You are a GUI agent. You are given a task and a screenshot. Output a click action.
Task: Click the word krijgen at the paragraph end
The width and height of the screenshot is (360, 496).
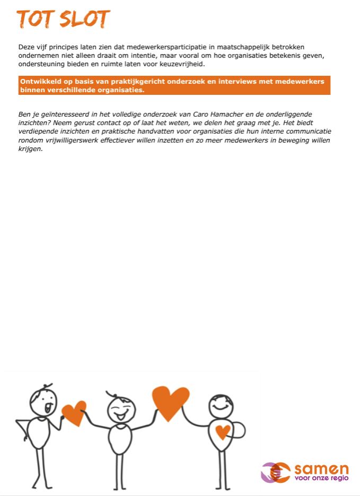pos(30,149)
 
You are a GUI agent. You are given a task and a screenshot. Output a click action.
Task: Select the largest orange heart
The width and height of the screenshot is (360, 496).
pos(170,403)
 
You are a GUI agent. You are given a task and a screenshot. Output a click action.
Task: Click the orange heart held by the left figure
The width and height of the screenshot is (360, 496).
pos(74,412)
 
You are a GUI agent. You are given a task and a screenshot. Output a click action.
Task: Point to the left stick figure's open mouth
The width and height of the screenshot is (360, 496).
pos(49,409)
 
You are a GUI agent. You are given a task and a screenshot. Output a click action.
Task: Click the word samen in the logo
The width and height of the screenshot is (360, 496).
pos(321,470)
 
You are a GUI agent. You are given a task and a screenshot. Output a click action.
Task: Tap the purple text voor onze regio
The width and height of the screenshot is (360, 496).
pos(321,479)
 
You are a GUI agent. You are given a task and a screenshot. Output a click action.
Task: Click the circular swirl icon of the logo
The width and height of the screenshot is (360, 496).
pos(276,472)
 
